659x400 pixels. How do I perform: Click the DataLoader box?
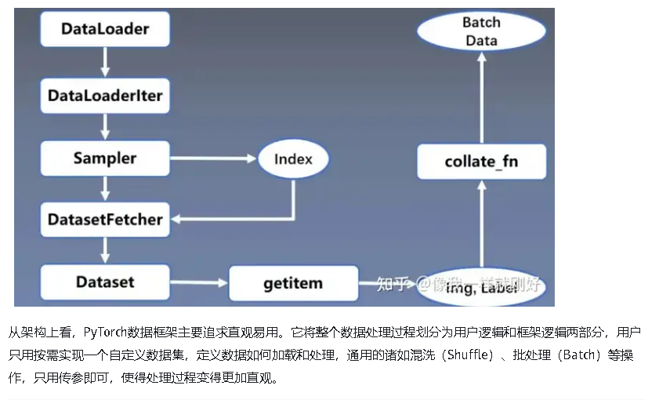(x=104, y=31)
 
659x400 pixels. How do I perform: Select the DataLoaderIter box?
(x=104, y=96)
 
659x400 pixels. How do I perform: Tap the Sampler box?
(x=104, y=158)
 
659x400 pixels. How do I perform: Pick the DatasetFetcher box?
(x=104, y=220)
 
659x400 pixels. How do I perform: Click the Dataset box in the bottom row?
(x=104, y=282)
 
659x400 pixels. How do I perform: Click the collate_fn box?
(x=481, y=162)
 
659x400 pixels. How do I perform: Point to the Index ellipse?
(x=293, y=159)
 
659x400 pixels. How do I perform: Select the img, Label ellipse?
(x=481, y=288)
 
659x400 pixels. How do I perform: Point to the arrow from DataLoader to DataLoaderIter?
(x=104, y=63)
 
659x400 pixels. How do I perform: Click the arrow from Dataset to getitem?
(x=199, y=282)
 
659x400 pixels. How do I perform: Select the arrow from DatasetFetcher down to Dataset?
(x=104, y=251)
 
